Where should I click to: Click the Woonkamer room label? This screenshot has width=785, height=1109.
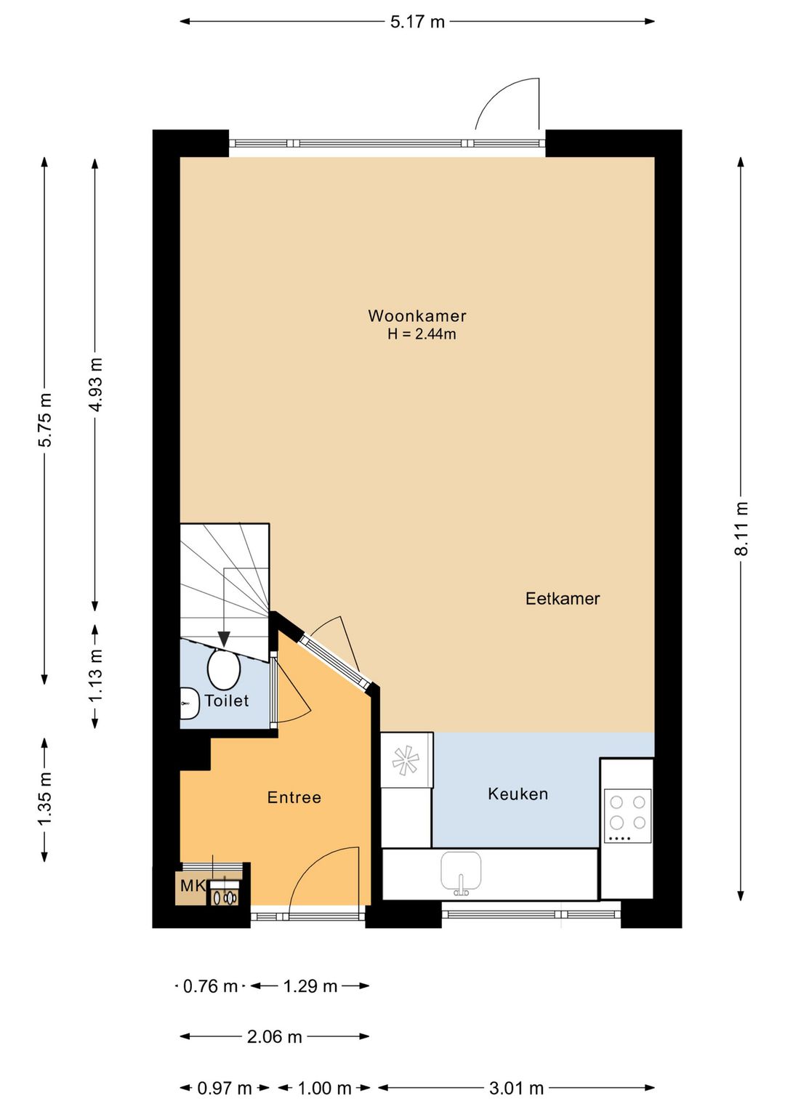click(417, 316)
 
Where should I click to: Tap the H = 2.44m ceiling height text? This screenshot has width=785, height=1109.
click(422, 334)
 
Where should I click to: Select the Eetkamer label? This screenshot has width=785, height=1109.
click(563, 599)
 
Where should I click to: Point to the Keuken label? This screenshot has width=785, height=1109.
click(518, 794)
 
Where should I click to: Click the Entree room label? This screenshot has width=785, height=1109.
click(294, 797)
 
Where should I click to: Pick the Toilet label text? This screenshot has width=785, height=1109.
click(227, 701)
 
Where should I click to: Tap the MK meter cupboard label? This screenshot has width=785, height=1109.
click(192, 886)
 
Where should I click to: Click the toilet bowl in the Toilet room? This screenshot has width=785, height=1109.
click(224, 669)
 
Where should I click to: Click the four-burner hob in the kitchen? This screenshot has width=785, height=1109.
click(627, 815)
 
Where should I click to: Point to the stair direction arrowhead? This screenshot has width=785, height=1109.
click(224, 640)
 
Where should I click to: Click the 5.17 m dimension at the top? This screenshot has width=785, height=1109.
click(417, 22)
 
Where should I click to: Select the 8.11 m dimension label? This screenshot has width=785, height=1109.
click(741, 529)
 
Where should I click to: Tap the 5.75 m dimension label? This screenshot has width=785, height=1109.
click(45, 420)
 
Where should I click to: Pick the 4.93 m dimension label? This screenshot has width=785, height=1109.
click(96, 384)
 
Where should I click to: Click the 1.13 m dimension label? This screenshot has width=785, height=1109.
click(96, 675)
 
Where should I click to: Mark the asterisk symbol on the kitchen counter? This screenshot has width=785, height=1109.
click(406, 760)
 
